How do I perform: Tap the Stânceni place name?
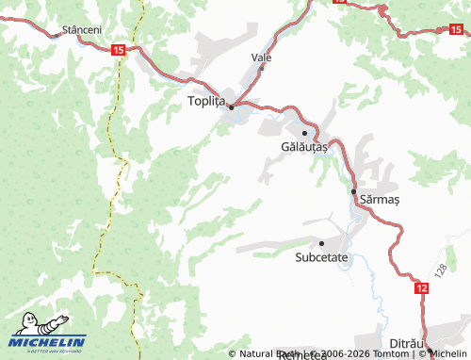[x=81, y=30]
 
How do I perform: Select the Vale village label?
[x=262, y=57]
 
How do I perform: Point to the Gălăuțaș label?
[x=304, y=147]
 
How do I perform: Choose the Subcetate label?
[x=322, y=255]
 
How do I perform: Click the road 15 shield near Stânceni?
[x=117, y=49]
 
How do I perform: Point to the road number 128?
[x=442, y=270]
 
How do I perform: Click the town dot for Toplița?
[x=231, y=106]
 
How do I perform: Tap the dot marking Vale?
[x=262, y=68]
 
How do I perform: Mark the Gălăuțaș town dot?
[x=304, y=134]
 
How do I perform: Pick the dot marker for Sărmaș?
[x=354, y=191]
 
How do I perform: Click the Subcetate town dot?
[x=321, y=242]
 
